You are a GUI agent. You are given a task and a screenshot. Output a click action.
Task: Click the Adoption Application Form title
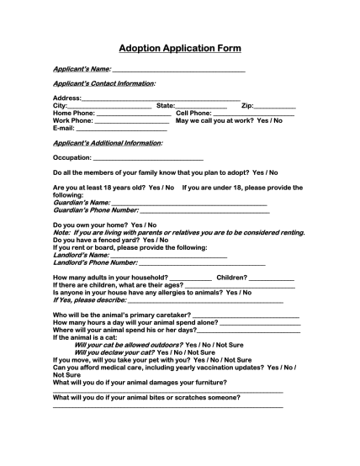point(180,49)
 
